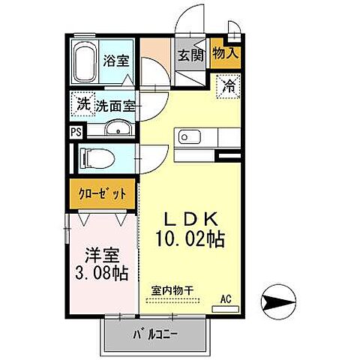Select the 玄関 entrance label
pyautogui.click(x=190, y=55)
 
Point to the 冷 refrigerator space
pyautogui.click(x=229, y=85)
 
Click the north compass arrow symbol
pyautogui.click(x=275, y=303)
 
